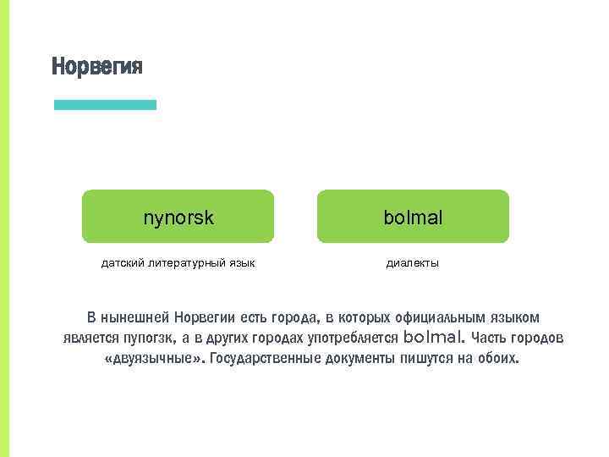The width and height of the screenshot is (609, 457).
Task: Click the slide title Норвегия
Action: pos(97,66)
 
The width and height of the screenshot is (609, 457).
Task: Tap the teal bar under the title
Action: pos(105,105)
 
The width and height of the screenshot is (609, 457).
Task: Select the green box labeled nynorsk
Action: pos(178,217)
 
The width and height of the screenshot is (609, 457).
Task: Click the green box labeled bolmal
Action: pos(413,217)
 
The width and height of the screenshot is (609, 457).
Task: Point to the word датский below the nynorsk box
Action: pos(122,264)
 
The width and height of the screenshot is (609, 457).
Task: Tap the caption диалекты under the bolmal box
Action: pos(413,264)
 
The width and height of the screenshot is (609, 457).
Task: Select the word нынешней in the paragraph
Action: pos(135,318)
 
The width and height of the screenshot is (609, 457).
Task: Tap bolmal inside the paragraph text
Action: pos(435,338)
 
